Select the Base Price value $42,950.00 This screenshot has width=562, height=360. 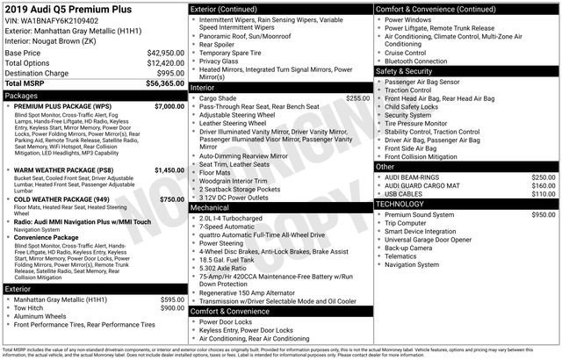163,53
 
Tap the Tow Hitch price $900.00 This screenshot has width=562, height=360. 171,308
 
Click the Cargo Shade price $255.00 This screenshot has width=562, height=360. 357,98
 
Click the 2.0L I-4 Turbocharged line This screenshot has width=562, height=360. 235,218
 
